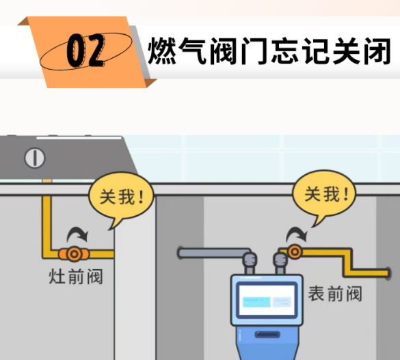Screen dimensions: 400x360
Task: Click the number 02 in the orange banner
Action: tap(85, 51)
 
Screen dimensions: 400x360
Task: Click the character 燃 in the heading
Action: tap(162, 51)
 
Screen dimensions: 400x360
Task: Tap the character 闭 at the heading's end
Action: tap(377, 51)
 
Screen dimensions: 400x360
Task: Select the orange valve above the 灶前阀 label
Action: tap(74, 253)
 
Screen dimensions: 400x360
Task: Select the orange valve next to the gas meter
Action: tap(295, 251)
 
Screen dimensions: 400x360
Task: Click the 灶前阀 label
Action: tap(76, 277)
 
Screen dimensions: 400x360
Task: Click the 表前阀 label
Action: tap(335, 294)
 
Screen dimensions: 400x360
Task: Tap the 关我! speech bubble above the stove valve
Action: tap(121, 197)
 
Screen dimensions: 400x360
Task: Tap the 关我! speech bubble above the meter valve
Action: tap(324, 195)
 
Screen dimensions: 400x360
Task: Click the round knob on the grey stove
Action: tap(35, 158)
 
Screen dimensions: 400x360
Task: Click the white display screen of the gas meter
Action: tap(267, 300)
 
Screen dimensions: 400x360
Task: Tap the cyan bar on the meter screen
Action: tap(256, 302)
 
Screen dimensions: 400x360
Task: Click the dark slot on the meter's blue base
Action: tap(267, 334)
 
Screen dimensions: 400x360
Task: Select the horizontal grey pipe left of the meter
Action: tap(214, 253)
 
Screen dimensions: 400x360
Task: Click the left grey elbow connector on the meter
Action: tap(250, 262)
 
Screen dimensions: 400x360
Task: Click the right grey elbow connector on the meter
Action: tap(280, 262)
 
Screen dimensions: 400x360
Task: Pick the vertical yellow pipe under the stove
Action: tap(46, 224)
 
